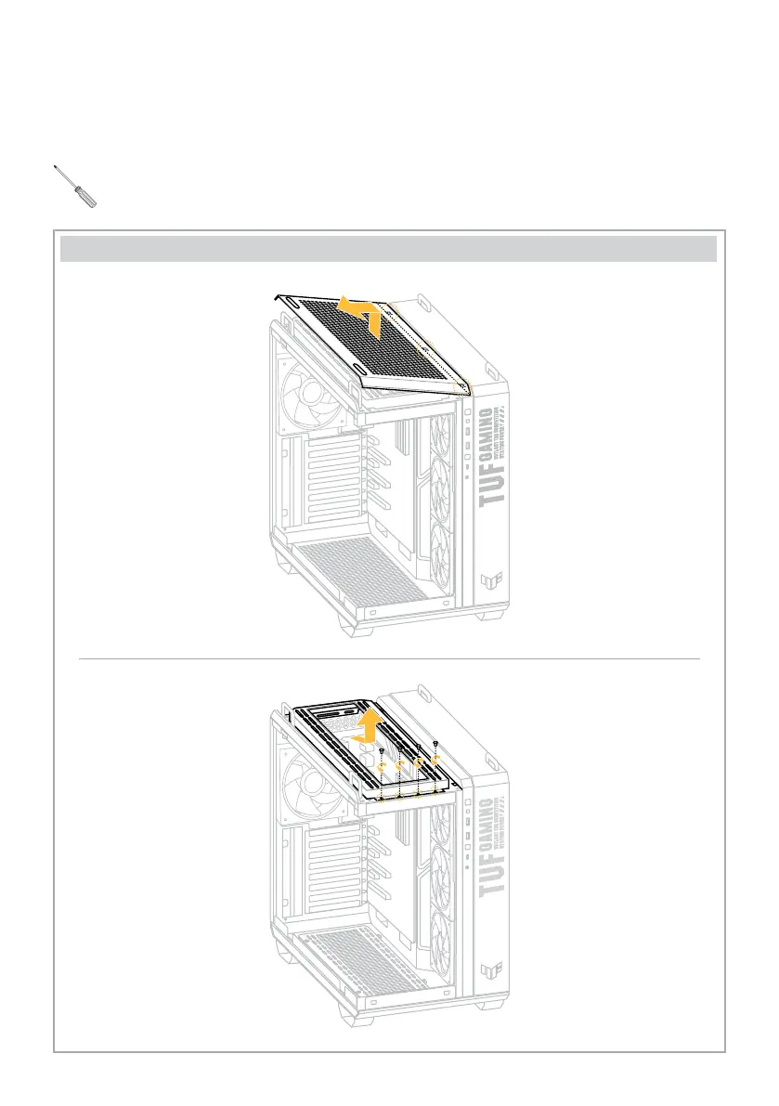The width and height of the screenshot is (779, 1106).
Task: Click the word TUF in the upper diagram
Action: (x=493, y=483)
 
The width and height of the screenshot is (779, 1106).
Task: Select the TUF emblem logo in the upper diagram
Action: (x=490, y=582)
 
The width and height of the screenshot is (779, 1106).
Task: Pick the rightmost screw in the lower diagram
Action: (x=435, y=745)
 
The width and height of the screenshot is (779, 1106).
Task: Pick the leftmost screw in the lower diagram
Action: (x=382, y=749)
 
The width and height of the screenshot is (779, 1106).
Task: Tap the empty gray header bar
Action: (x=389, y=250)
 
